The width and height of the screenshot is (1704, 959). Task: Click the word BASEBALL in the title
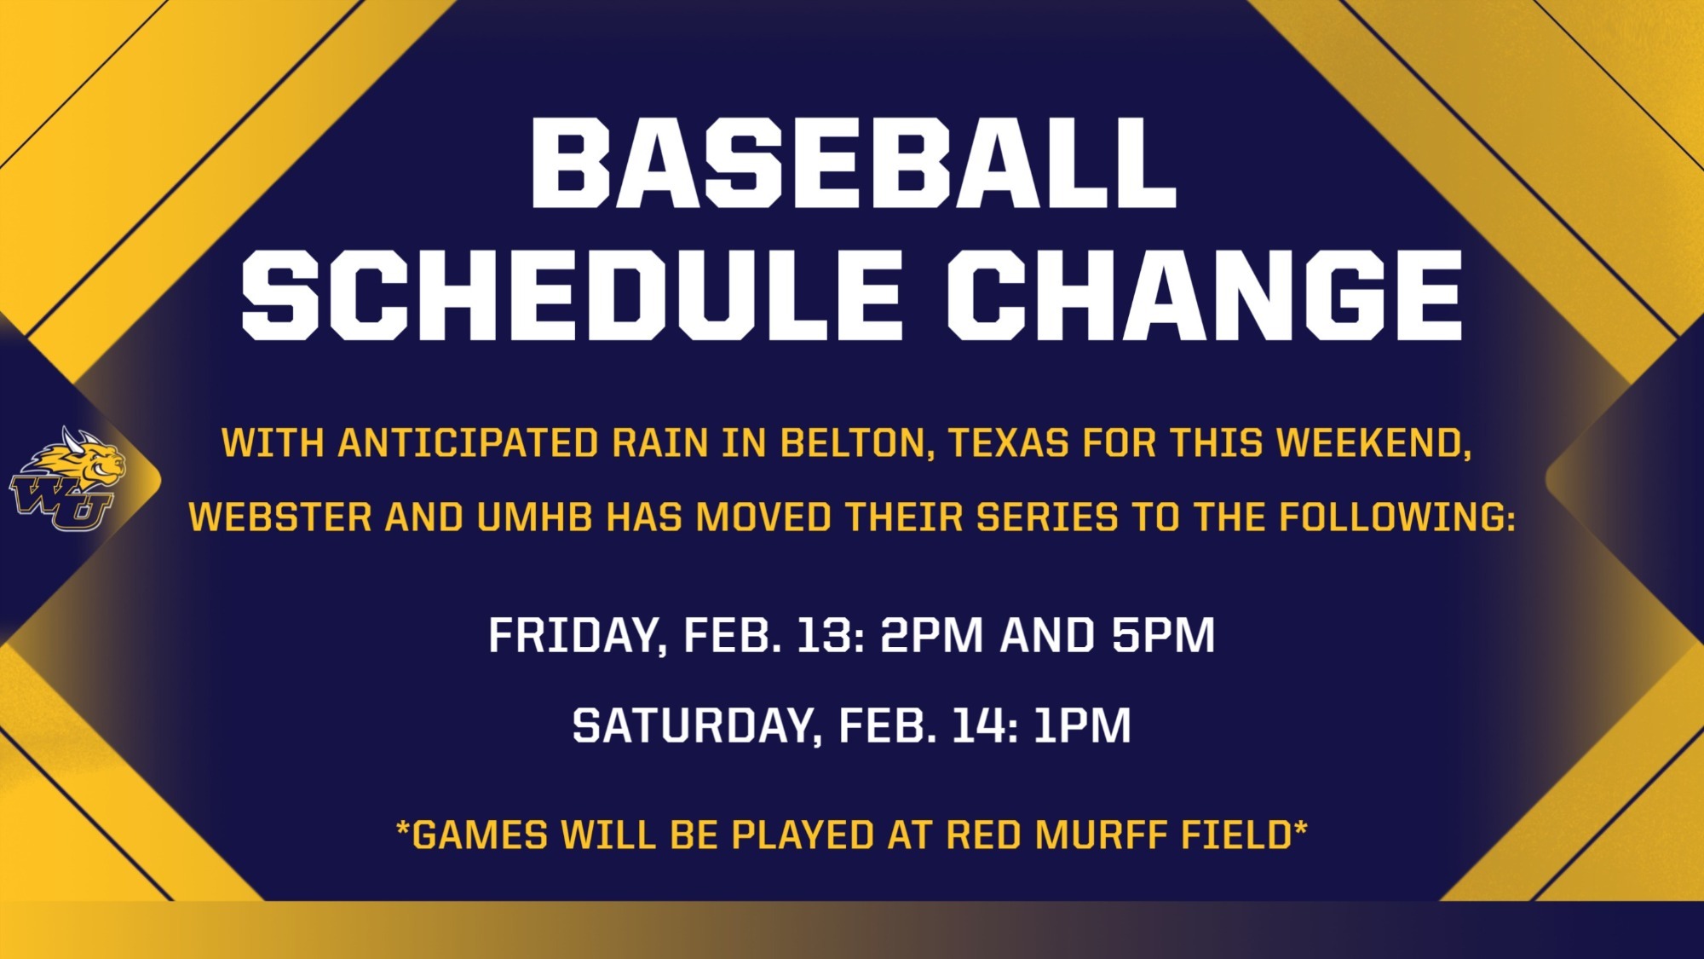853,162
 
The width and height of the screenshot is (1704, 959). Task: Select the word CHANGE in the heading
1204,295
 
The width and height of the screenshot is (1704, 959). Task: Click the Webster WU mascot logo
66,478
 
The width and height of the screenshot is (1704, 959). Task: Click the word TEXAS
1009,443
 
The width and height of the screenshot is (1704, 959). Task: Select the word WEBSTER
280,517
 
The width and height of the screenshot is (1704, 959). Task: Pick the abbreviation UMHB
534,517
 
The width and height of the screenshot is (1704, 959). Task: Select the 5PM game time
1163,635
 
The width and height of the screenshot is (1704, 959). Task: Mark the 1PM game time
1082,725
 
